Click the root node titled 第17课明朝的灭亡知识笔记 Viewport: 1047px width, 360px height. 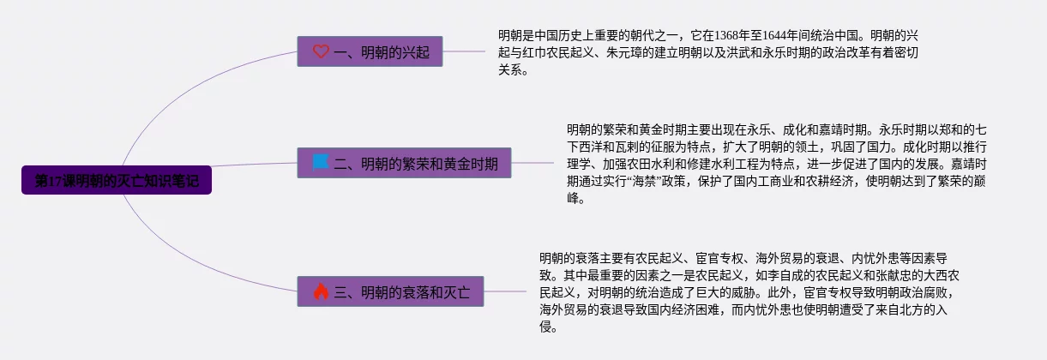pos(117,181)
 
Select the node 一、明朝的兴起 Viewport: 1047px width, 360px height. pos(370,51)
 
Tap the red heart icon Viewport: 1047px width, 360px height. pos(321,51)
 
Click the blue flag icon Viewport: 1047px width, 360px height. pos(321,161)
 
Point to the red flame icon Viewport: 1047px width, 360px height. pos(321,292)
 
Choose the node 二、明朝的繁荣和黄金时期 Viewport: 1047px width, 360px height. pos(404,161)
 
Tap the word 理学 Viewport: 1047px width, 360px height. pos(580,165)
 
